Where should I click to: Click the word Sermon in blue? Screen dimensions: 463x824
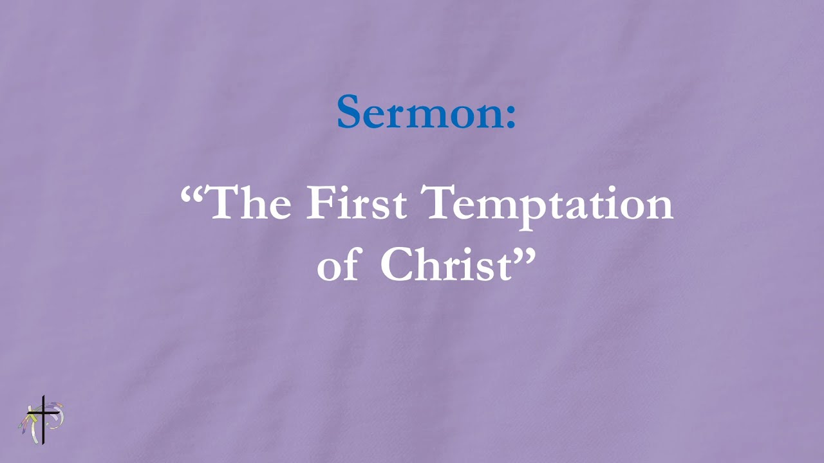click(x=418, y=113)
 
